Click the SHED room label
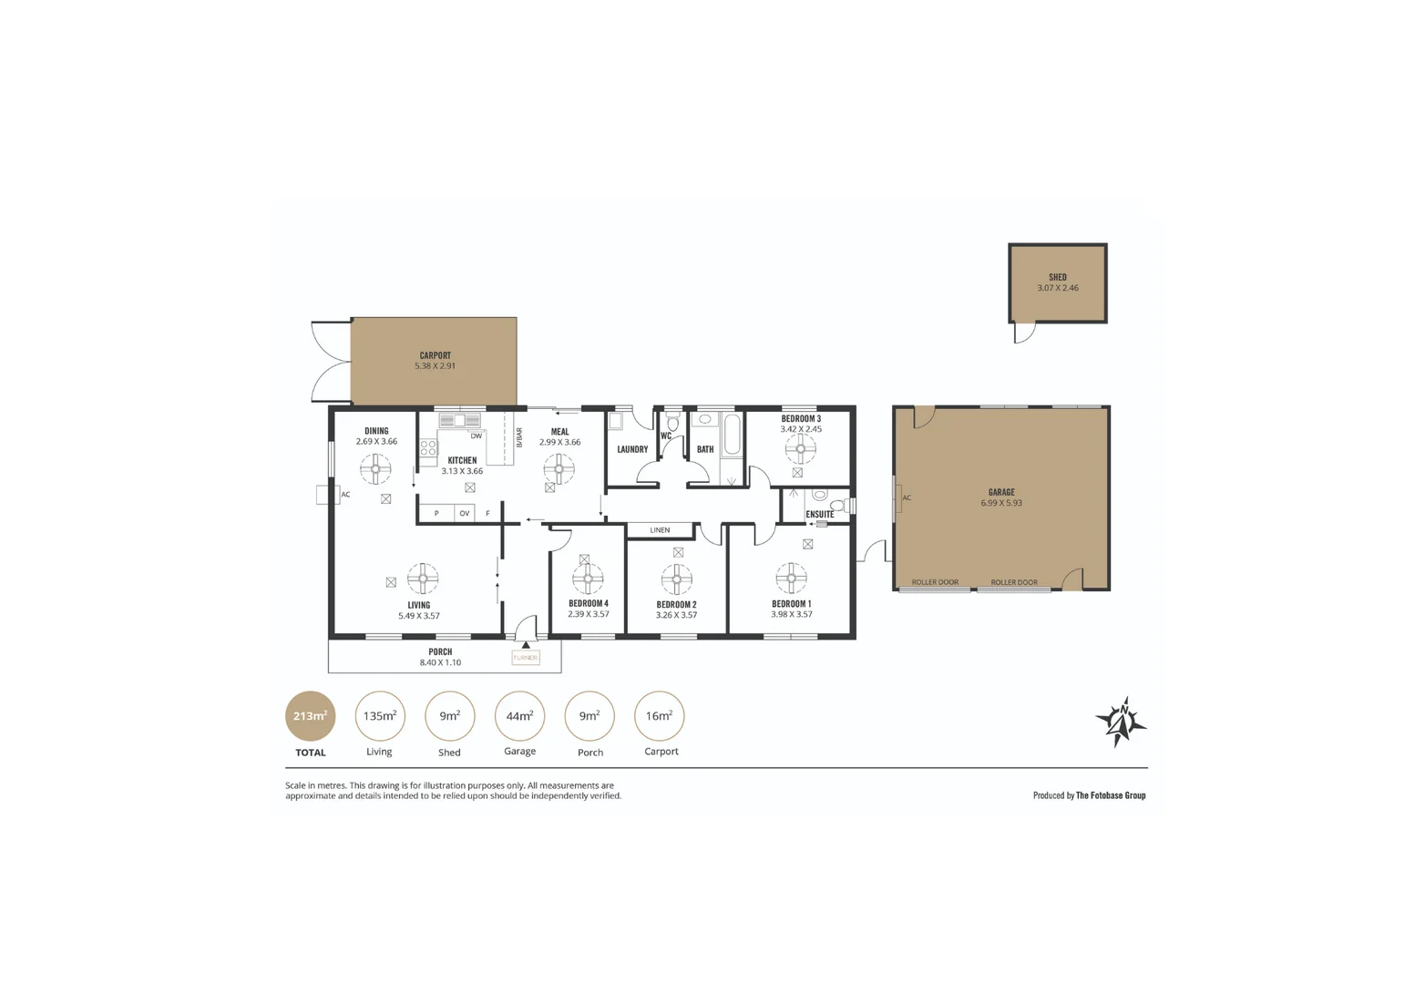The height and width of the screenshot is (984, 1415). [1057, 277]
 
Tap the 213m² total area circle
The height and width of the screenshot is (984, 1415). [311, 716]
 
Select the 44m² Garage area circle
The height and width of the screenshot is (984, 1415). [519, 716]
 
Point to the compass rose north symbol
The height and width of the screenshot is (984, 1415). [1122, 722]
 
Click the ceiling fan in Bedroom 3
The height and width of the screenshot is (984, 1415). [801, 448]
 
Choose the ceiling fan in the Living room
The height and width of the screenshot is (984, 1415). [422, 578]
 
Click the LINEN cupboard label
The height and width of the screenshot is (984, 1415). [660, 530]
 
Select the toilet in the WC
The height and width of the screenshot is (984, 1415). [673, 422]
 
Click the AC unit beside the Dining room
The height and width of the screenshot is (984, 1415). [327, 495]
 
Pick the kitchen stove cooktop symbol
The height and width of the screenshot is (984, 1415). [428, 447]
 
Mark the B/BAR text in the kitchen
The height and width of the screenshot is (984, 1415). [519, 437]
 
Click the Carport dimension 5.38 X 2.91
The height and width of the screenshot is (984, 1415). [435, 366]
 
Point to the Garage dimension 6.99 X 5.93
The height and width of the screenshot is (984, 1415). [1001, 503]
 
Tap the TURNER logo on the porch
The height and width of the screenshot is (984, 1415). [526, 657]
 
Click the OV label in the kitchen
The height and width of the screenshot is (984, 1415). [465, 514]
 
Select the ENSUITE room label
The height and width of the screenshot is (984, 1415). [820, 515]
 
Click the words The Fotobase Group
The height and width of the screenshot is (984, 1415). [1111, 795]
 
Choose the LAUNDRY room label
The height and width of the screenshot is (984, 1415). [632, 449]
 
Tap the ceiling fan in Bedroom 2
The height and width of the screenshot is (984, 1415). [676, 579]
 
